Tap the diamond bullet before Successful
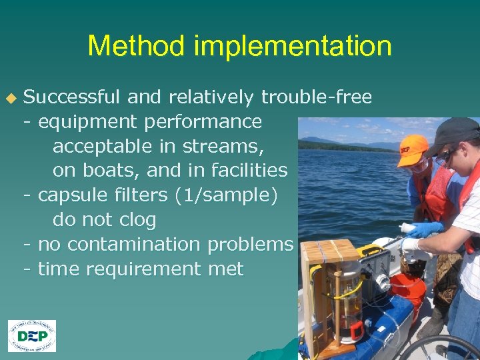click(x=10, y=98)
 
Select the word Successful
click(x=72, y=97)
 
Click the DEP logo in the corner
click(x=32, y=336)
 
